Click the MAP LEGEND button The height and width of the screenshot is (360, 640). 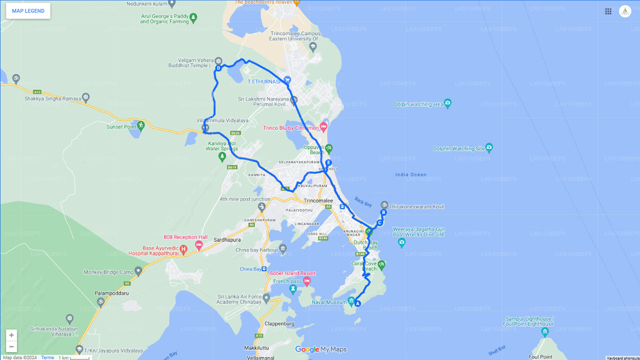click(28, 11)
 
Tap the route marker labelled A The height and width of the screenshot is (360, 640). click(358, 303)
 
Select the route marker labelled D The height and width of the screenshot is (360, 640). click(218, 68)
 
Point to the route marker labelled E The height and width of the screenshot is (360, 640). click(328, 162)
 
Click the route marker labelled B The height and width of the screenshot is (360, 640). click(383, 212)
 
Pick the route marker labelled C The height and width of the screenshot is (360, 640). click(379, 222)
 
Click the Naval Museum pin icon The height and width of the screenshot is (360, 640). click(351, 301)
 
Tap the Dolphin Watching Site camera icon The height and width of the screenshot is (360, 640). click(489, 147)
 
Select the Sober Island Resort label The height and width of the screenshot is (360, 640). click(293, 273)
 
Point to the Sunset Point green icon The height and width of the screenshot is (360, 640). click(141, 125)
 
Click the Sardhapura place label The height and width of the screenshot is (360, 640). click(228, 240)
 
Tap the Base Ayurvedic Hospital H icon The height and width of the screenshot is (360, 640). click(183, 248)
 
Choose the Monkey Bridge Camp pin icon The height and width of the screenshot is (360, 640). click(138, 270)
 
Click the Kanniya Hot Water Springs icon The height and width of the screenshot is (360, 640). click(222, 157)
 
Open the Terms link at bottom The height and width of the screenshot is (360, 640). click(47, 357)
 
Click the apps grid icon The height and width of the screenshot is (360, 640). click(608, 11)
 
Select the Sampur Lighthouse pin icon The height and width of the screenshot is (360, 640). click(545, 331)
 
